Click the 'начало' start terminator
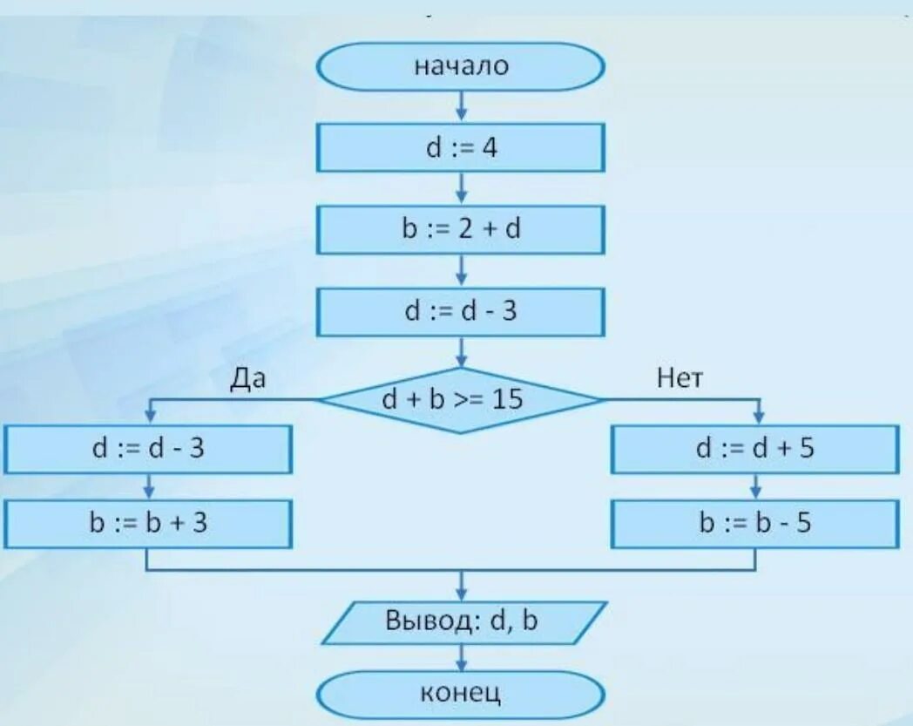click(460, 67)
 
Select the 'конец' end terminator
click(460, 695)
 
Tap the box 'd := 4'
click(460, 147)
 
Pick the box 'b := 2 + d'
click(460, 229)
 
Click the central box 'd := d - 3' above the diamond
click(460, 311)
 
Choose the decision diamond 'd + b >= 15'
click(460, 399)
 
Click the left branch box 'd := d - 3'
click(147, 449)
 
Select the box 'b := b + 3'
click(147, 523)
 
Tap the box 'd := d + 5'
click(754, 449)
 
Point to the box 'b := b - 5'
click(754, 523)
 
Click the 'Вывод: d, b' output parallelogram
click(463, 622)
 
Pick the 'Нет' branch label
click(680, 378)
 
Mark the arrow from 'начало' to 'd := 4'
click(461, 106)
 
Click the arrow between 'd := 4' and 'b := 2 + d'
click(461, 187)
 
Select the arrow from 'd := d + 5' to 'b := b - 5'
click(755, 486)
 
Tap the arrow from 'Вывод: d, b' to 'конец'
click(461, 657)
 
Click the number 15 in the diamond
click(507, 399)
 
